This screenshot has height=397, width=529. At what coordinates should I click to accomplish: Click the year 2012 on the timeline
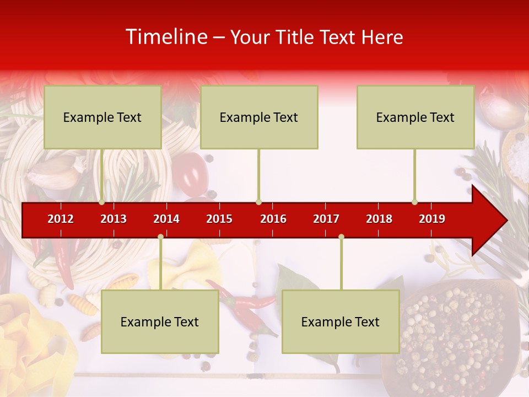point(61,219)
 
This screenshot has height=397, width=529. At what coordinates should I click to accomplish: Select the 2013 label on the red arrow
point(114,219)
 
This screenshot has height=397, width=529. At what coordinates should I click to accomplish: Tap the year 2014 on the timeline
point(166,219)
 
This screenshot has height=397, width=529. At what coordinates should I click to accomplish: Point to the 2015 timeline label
point(219,219)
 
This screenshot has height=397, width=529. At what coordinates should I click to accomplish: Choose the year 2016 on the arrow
point(273,219)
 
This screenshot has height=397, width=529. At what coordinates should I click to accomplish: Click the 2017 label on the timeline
point(326,219)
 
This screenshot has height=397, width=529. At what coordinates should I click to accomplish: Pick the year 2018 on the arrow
point(379,219)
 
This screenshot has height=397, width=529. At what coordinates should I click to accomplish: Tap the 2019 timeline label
point(432,219)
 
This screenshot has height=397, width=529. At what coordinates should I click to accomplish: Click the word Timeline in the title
point(166,37)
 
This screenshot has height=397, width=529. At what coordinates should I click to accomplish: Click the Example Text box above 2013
point(102,117)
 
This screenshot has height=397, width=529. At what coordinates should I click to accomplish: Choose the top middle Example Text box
point(259,117)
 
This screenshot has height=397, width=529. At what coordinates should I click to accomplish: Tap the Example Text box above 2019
point(415,117)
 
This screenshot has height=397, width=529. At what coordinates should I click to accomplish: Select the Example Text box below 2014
point(160,322)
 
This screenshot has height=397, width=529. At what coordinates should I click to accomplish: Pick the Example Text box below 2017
point(341,322)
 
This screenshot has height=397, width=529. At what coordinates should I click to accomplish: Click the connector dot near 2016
point(258,202)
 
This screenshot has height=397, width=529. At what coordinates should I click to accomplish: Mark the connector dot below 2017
point(341,237)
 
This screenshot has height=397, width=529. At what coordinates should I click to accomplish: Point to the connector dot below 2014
point(160,237)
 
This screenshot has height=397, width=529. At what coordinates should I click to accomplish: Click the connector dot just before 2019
point(414,202)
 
